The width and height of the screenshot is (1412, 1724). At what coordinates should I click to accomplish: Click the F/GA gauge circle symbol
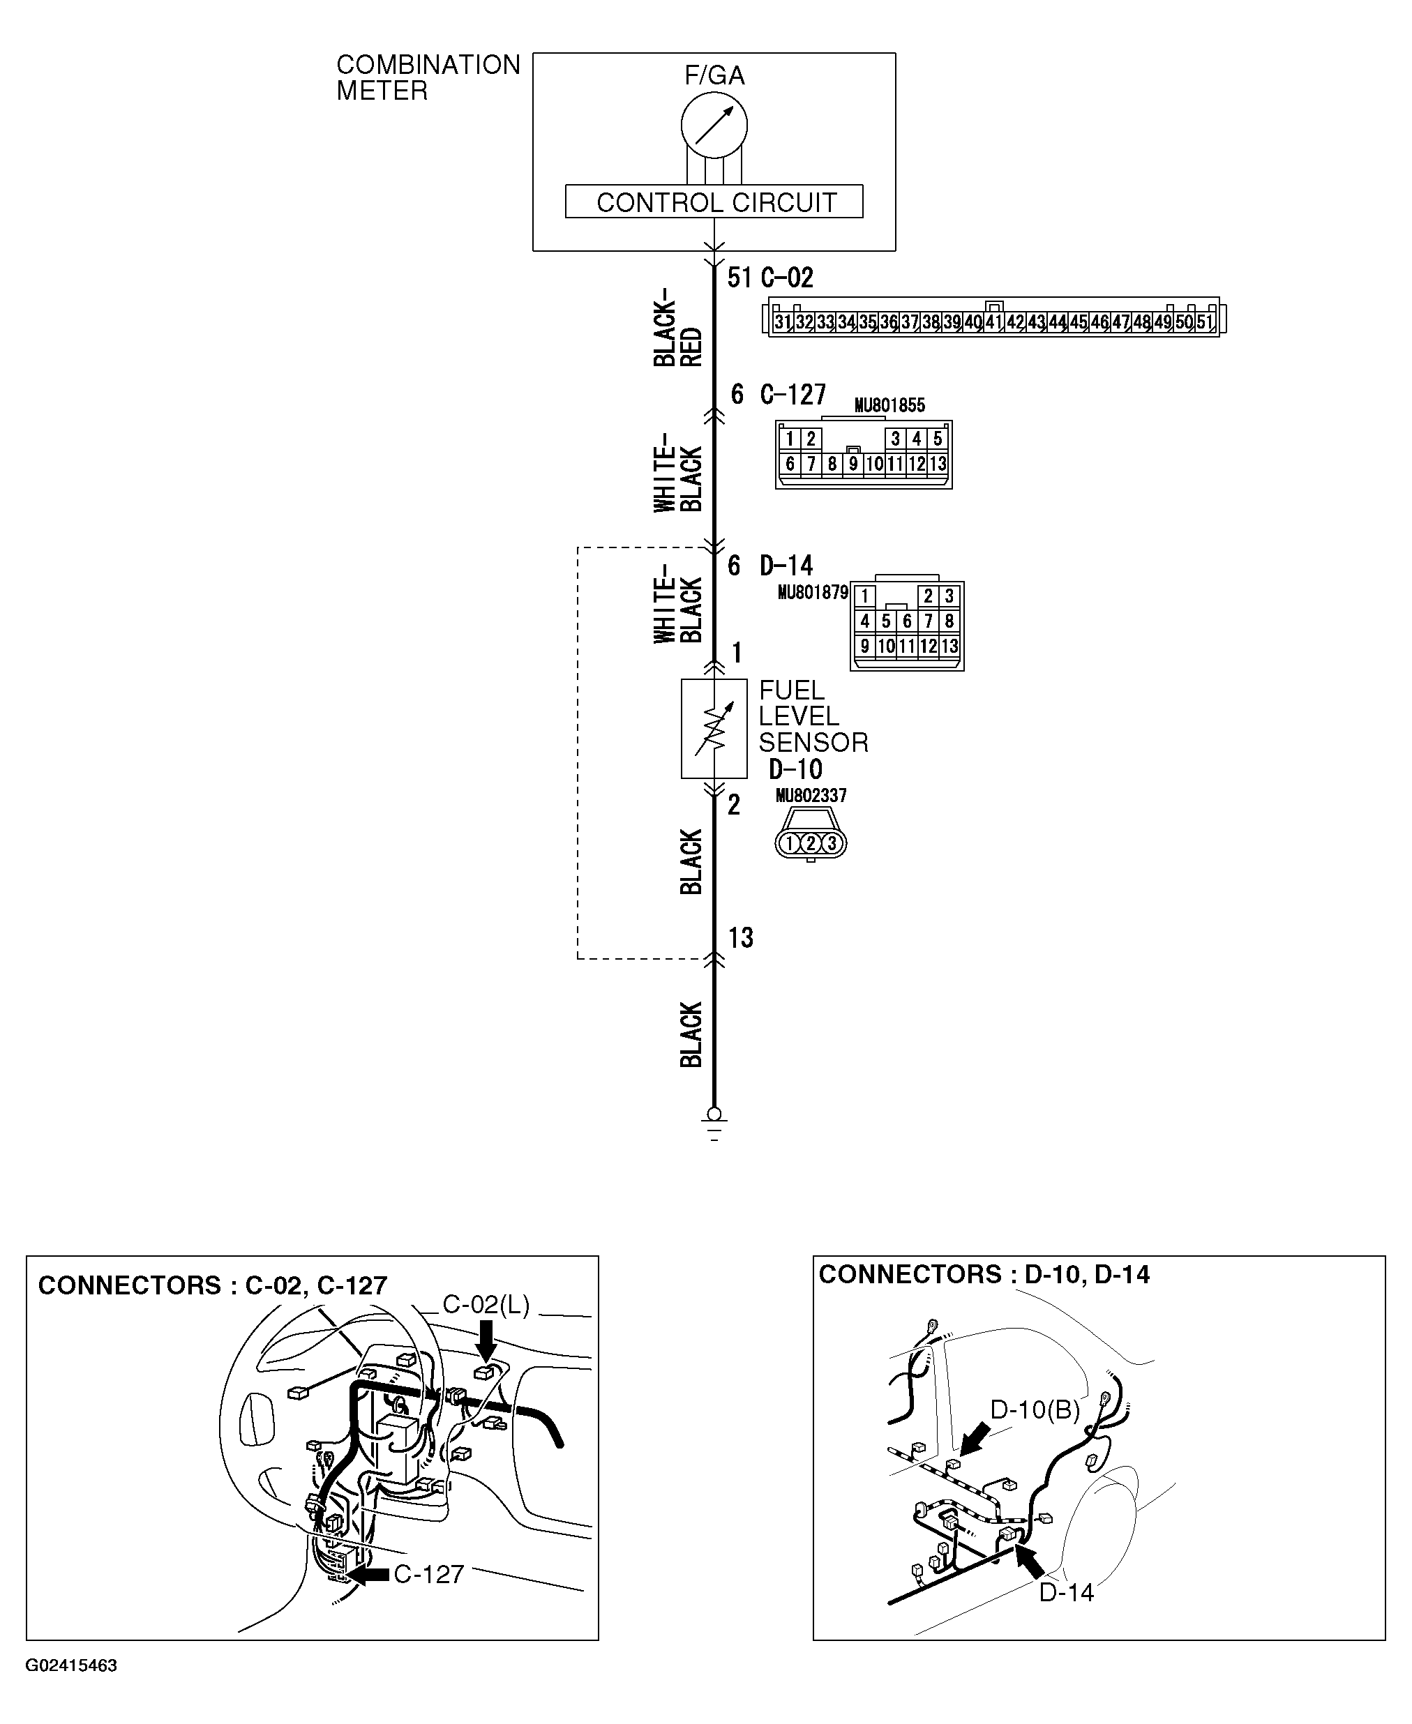(x=714, y=126)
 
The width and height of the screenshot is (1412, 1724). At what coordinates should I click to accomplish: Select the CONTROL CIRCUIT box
(x=714, y=202)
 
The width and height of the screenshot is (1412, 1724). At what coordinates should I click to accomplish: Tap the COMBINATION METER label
(x=427, y=77)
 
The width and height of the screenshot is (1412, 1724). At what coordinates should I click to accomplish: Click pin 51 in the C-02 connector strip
(x=1205, y=322)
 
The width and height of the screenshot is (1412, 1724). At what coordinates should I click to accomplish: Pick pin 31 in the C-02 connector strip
(x=783, y=322)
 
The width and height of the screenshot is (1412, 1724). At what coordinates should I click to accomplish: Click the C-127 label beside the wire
(x=793, y=395)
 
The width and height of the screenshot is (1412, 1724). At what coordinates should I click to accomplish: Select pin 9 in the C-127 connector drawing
(x=853, y=464)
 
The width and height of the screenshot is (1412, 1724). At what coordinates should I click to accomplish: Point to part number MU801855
(x=889, y=405)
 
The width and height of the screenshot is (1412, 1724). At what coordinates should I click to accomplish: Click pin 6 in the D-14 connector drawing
(x=907, y=621)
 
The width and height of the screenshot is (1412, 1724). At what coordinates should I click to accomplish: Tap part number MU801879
(x=813, y=592)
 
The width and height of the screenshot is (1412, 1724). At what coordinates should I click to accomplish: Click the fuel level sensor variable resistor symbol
(x=714, y=729)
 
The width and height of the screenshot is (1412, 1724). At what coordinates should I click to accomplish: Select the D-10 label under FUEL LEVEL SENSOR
(x=795, y=769)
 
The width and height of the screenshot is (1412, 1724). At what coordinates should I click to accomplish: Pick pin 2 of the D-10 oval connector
(x=811, y=843)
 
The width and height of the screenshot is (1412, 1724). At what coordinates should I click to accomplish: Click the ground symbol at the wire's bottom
(x=714, y=1126)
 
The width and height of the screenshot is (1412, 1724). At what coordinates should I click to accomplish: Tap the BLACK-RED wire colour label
(x=677, y=327)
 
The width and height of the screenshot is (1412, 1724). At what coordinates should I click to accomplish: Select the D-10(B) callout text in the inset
(x=1035, y=1409)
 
